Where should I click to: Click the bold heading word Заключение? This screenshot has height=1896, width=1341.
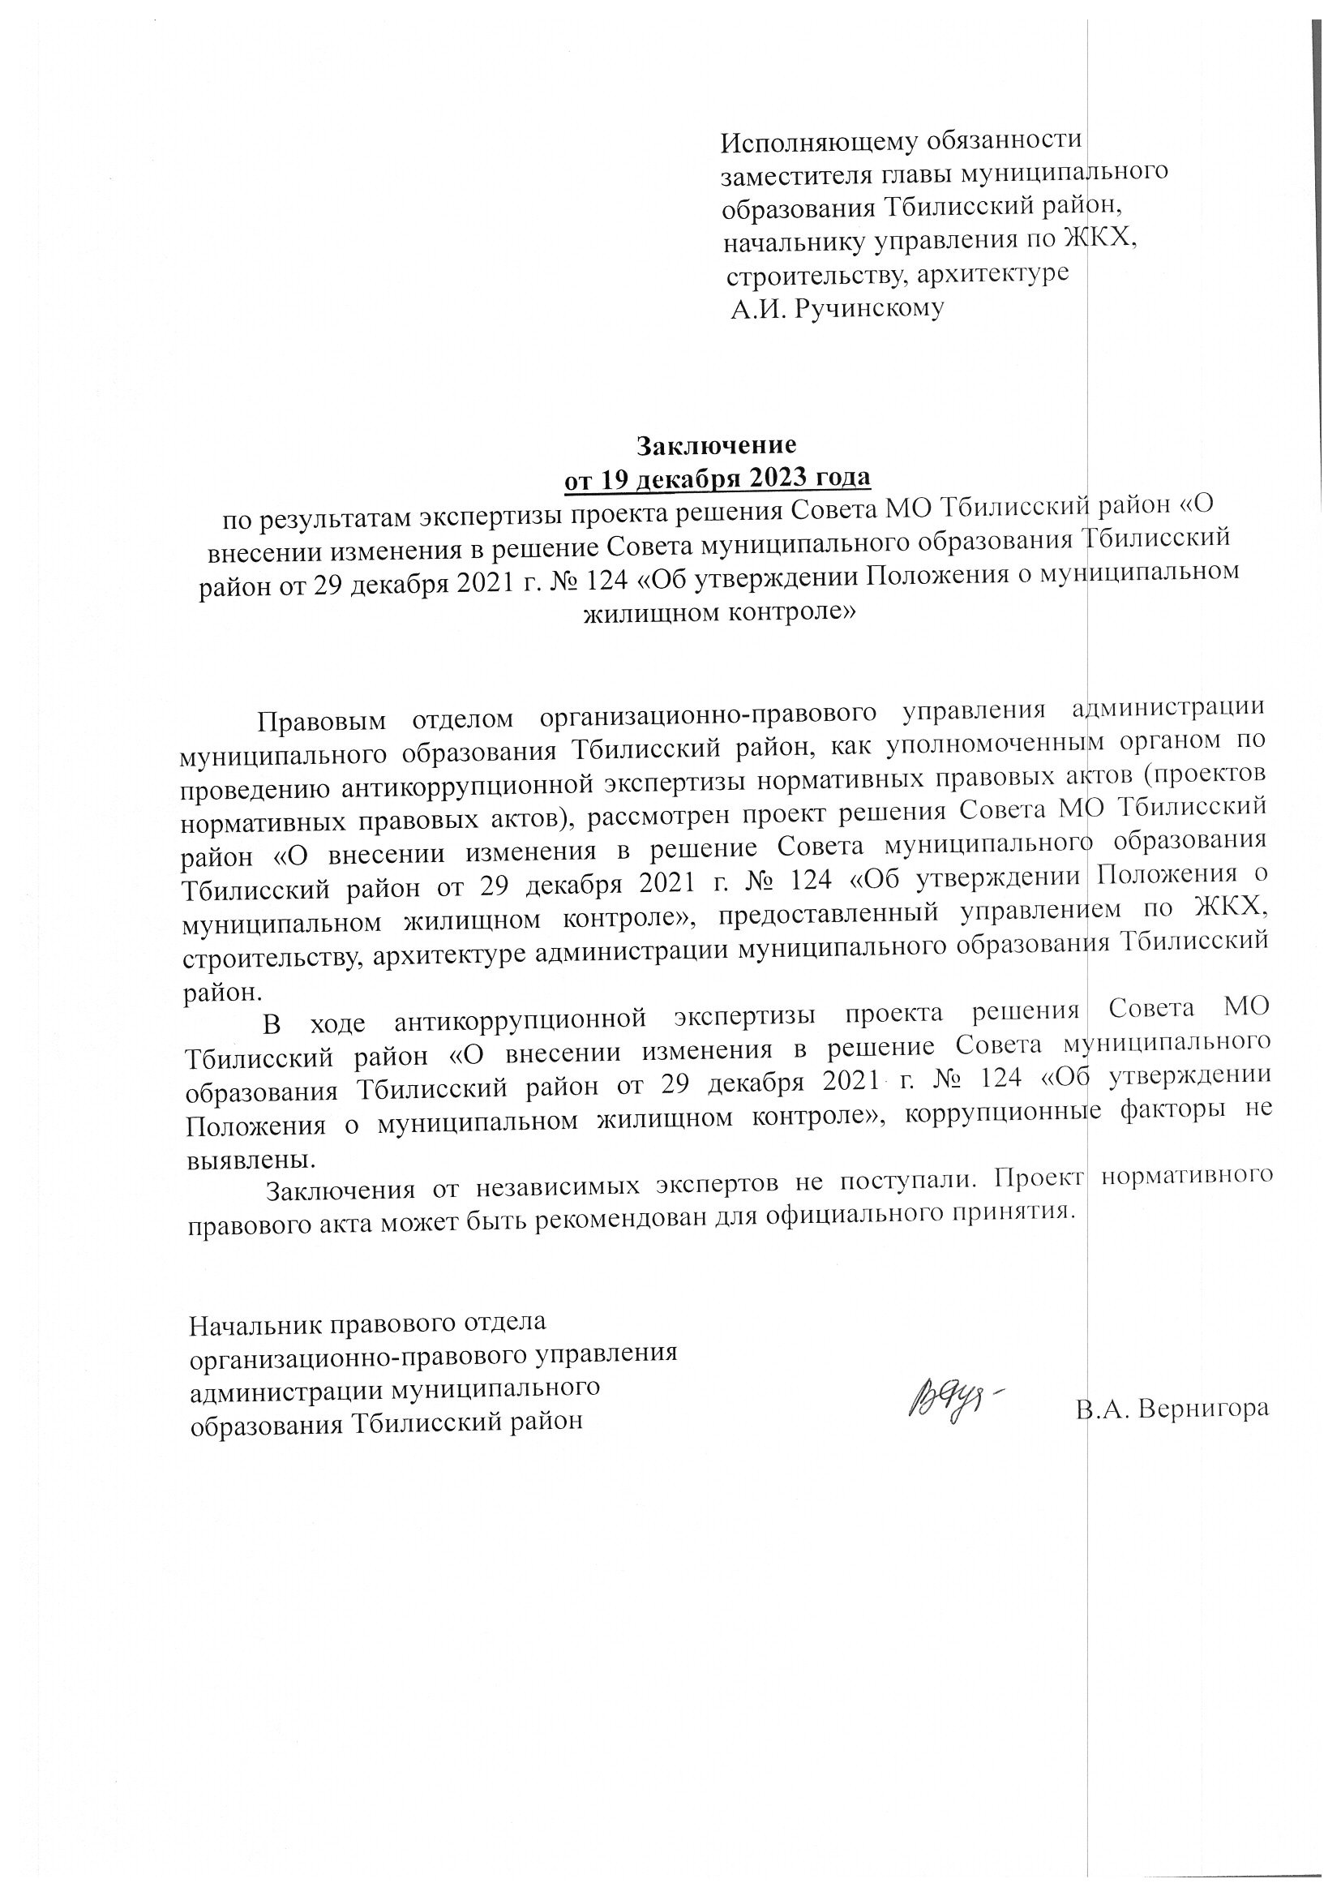(716, 445)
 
